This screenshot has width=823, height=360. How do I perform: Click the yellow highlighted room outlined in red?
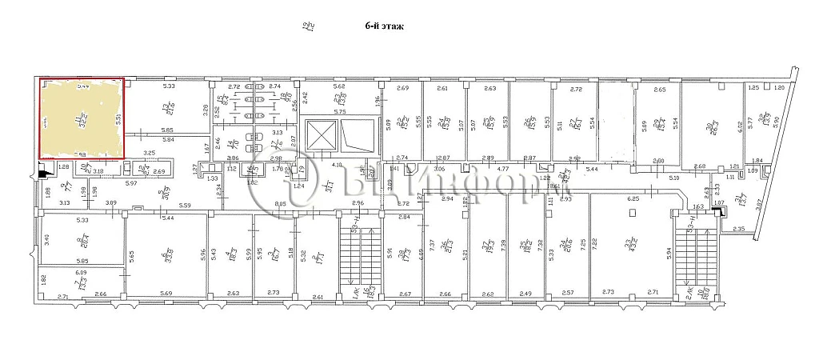click(x=82, y=118)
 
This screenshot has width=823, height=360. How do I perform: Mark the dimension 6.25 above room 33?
click(x=633, y=198)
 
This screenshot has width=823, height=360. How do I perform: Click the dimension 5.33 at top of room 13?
click(x=169, y=86)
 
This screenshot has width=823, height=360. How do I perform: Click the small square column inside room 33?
click(x=633, y=213)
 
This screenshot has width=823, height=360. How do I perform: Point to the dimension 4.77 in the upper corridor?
click(x=503, y=170)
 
